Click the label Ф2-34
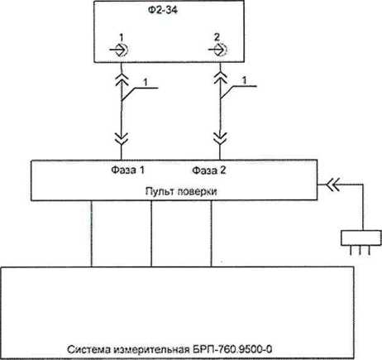click(163, 10)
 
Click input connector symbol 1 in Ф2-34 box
click(120, 50)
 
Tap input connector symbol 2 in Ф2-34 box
click(218, 50)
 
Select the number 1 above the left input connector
click(122, 37)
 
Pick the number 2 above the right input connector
click(217, 37)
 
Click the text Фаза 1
click(127, 170)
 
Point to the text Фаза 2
click(209, 170)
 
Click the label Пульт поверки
click(181, 191)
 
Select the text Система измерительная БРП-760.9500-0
click(170, 349)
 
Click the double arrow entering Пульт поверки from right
click(333, 185)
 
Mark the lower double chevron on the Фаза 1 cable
click(122, 139)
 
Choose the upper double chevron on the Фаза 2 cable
click(220, 77)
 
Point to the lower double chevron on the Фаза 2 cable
click(220, 139)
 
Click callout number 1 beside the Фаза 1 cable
click(146, 82)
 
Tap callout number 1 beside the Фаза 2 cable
click(244, 81)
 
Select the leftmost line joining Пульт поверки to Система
click(91, 233)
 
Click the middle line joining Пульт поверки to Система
click(151, 233)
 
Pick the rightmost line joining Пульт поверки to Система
click(211, 233)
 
